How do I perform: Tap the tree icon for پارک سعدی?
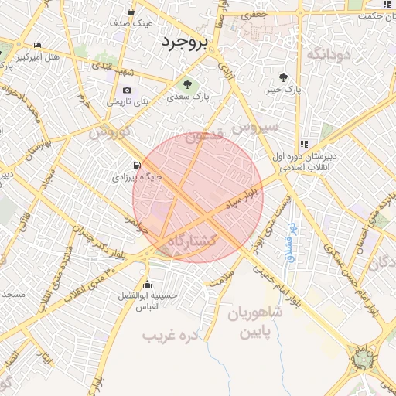(x=186, y=84)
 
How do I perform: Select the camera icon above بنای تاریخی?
(x=127, y=90)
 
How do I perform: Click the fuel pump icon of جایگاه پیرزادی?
(x=137, y=165)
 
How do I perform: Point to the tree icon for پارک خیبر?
(x=284, y=77)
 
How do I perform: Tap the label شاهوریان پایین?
(x=255, y=323)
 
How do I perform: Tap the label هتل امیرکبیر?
(x=38, y=57)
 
